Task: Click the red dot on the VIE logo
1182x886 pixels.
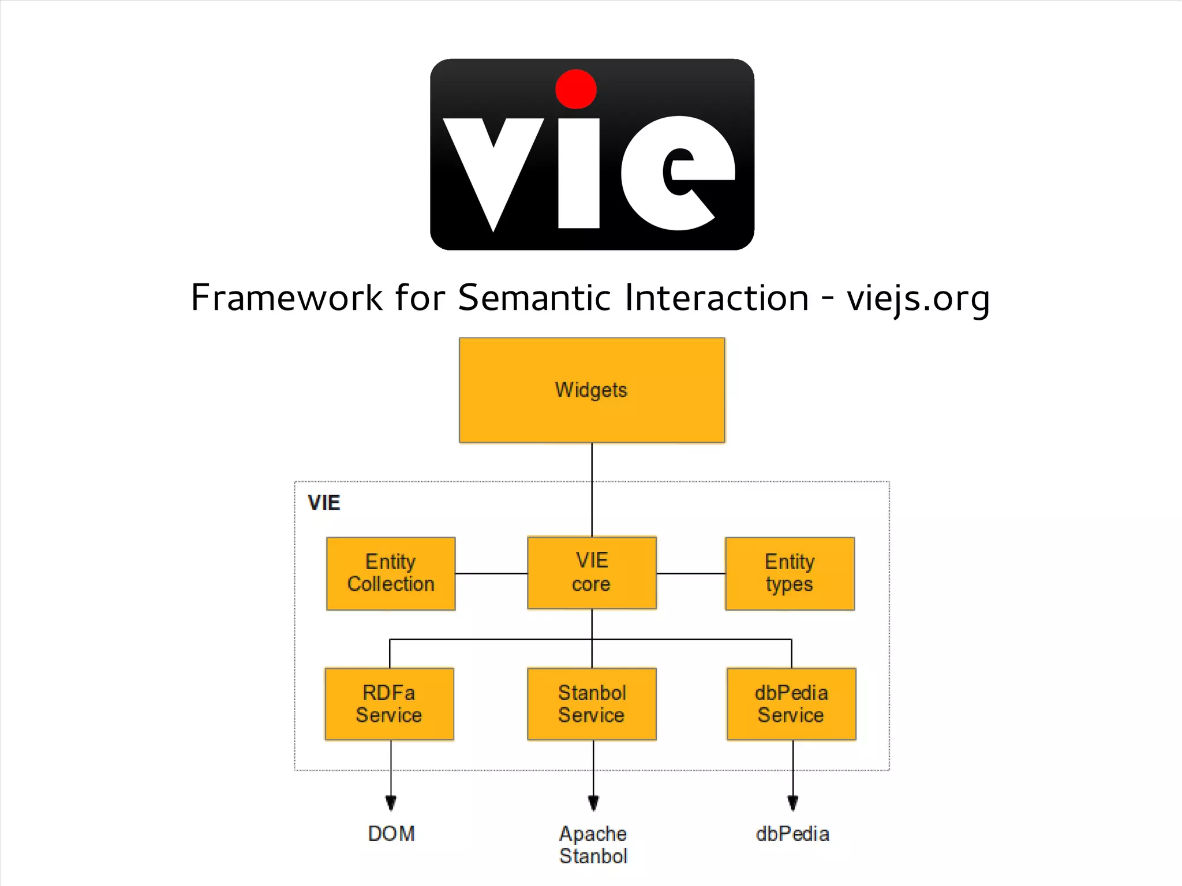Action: pyautogui.click(x=575, y=89)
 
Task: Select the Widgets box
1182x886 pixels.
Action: pyautogui.click(x=592, y=390)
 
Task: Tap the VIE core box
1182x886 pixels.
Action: pyautogui.click(x=592, y=573)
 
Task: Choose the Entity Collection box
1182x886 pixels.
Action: pyautogui.click(x=391, y=573)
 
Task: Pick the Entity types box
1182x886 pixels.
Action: pyautogui.click(x=790, y=573)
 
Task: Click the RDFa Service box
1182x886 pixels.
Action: pyautogui.click(x=389, y=704)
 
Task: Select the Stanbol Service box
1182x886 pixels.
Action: pyautogui.click(x=592, y=704)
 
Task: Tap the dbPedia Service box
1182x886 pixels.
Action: pyautogui.click(x=791, y=704)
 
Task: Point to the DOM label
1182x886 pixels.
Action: pyautogui.click(x=391, y=833)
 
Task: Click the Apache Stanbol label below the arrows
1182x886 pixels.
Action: pyautogui.click(x=593, y=845)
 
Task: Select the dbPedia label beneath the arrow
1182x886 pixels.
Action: pyautogui.click(x=792, y=833)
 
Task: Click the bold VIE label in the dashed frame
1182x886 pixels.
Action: pyautogui.click(x=324, y=503)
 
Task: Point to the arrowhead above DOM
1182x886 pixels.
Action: pyautogui.click(x=391, y=802)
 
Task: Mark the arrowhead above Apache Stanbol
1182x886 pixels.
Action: pyautogui.click(x=593, y=802)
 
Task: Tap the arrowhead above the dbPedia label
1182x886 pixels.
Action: pyautogui.click(x=793, y=802)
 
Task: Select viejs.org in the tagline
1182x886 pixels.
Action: pyautogui.click(x=918, y=299)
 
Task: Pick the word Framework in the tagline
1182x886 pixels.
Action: pyautogui.click(x=286, y=298)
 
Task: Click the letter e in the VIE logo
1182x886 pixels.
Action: pyautogui.click(x=678, y=173)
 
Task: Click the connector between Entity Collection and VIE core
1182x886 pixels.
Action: pyautogui.click(x=491, y=573)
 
